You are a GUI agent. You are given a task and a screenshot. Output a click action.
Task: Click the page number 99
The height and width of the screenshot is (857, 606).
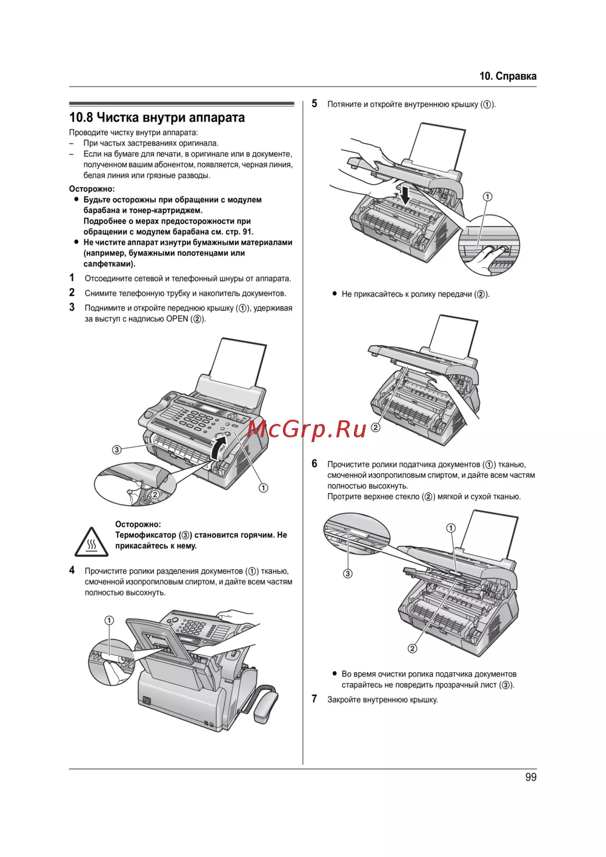click(x=531, y=778)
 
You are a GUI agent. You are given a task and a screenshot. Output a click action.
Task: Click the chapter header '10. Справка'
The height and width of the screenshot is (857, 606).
click(x=508, y=76)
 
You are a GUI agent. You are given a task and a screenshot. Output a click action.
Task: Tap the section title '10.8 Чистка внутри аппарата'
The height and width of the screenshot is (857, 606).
click(x=157, y=117)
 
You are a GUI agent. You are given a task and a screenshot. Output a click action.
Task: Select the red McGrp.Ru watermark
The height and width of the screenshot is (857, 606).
click(x=307, y=429)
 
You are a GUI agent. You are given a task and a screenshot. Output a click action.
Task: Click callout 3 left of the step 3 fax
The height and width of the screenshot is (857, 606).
click(x=117, y=449)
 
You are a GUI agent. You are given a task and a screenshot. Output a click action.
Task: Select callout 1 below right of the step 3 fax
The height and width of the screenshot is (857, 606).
click(x=264, y=488)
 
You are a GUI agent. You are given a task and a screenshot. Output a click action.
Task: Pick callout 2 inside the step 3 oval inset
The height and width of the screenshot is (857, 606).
click(x=155, y=494)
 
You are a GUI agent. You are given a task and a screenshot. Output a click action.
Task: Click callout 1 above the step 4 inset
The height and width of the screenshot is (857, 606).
click(x=109, y=620)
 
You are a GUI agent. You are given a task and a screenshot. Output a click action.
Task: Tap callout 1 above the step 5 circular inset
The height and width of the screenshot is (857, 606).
click(x=487, y=197)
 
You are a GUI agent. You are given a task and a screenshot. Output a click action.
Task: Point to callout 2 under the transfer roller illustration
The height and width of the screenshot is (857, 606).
click(x=376, y=428)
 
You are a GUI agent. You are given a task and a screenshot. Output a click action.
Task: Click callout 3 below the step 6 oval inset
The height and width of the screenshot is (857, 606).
click(x=348, y=574)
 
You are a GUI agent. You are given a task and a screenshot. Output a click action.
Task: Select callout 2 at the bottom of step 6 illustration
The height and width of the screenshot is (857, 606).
click(x=412, y=648)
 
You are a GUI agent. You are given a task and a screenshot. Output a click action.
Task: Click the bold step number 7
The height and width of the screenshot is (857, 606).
click(x=315, y=699)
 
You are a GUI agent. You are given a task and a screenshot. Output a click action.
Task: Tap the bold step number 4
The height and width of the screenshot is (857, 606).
click(x=72, y=571)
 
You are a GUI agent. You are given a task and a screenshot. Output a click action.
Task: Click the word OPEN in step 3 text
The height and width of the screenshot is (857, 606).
click(x=177, y=319)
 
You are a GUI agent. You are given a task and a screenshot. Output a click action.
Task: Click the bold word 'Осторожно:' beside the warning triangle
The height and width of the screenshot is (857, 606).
click(x=138, y=524)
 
